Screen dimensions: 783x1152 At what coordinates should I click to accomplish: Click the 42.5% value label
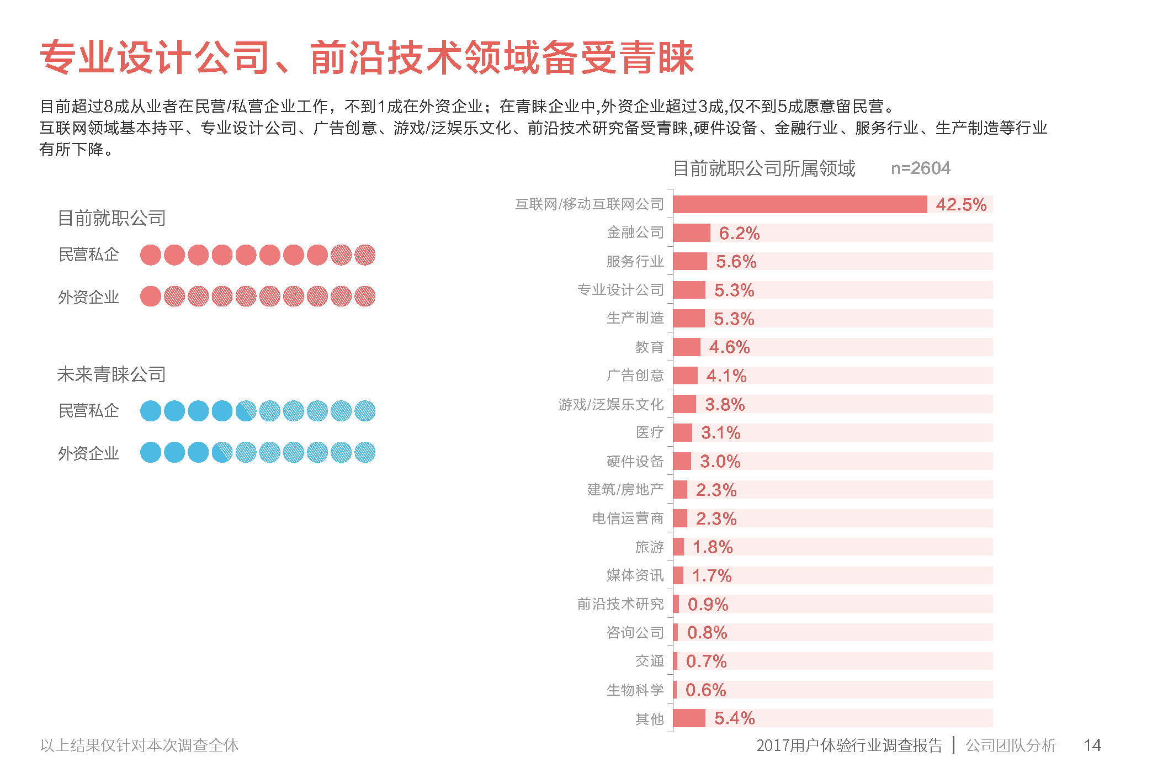tap(960, 204)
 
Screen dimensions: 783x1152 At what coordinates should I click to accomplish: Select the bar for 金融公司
tap(691, 233)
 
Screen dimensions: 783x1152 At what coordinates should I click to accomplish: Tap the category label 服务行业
tap(635, 261)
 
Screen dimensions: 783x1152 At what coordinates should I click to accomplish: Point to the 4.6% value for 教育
tap(729, 347)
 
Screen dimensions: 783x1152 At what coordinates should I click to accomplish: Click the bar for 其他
tap(689, 718)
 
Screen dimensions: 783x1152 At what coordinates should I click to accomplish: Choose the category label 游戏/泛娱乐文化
tap(610, 404)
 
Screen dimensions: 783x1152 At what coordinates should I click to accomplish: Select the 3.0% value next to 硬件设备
tap(720, 462)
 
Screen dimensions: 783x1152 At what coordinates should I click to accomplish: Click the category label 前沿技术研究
tap(620, 604)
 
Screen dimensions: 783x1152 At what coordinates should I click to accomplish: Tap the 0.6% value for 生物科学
tap(705, 690)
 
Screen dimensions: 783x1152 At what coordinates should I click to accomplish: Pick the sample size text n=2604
tap(920, 168)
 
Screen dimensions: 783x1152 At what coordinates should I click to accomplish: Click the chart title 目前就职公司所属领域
tap(764, 168)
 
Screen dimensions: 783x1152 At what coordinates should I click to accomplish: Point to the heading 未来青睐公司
tap(111, 374)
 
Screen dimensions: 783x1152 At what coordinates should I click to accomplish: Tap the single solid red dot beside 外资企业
tap(151, 297)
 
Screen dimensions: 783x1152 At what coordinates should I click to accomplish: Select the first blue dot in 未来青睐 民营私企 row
tap(151, 411)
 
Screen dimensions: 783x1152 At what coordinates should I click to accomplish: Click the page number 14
tap(1092, 745)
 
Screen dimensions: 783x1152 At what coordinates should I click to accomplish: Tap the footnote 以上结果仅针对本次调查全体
tap(139, 745)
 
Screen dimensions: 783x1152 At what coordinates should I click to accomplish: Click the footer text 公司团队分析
tap(1010, 745)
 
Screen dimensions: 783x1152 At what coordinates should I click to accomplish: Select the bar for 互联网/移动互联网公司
tap(799, 204)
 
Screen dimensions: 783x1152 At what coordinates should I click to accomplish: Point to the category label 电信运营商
tap(628, 519)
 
